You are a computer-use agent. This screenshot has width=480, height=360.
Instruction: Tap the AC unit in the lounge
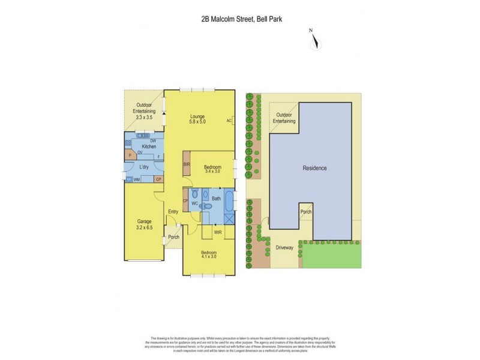point(230,121)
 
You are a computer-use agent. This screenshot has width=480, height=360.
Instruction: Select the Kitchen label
point(149,146)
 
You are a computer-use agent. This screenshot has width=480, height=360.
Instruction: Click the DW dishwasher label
point(154,140)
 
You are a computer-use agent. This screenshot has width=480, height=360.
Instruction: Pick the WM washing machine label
point(137,179)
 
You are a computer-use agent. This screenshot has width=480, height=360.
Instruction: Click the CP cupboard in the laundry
point(158,179)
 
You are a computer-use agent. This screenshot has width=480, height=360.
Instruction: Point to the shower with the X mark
point(229,219)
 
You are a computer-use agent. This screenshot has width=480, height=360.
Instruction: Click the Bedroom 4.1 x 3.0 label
point(211,255)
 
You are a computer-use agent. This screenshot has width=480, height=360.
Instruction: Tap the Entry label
point(173,211)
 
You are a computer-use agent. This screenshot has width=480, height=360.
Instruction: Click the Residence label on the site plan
point(314,168)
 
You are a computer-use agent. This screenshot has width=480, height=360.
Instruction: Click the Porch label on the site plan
point(306,212)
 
